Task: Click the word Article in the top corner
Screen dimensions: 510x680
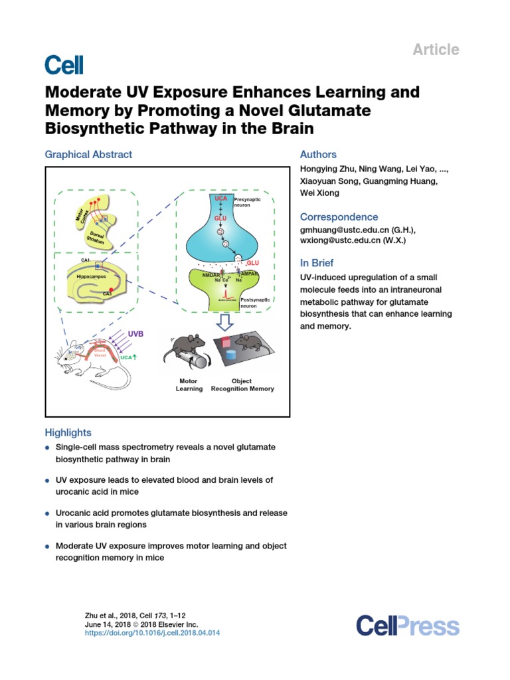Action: pyautogui.click(x=436, y=49)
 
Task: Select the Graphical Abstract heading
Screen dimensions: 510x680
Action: pyautogui.click(x=88, y=154)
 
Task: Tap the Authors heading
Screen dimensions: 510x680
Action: pyautogui.click(x=319, y=154)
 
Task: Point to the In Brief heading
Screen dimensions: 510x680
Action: pyautogui.click(x=317, y=262)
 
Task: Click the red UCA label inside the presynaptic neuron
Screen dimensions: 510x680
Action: pyautogui.click(x=220, y=199)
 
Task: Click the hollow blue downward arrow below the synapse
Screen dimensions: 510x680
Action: pyautogui.click(x=226, y=322)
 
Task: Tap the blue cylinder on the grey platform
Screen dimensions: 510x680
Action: pyautogui.click(x=232, y=354)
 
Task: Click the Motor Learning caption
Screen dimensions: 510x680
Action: pyautogui.click(x=189, y=385)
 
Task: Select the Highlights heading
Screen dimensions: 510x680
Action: pyautogui.click(x=68, y=432)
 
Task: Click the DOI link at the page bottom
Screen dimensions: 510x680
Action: pyautogui.click(x=153, y=633)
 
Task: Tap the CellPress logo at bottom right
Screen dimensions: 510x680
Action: pyautogui.click(x=407, y=626)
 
